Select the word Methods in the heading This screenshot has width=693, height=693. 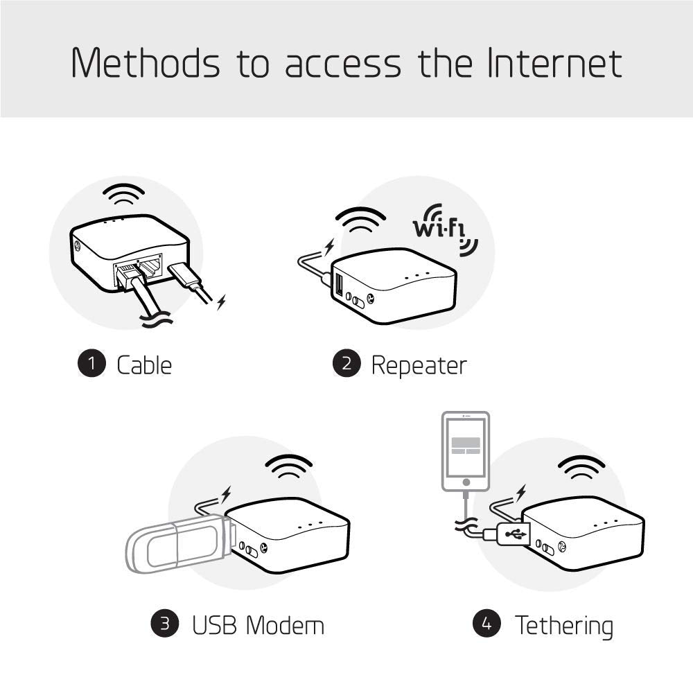[x=146, y=63]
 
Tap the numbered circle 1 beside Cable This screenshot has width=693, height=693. [x=91, y=365]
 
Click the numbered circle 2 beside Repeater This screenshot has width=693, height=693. [x=346, y=365]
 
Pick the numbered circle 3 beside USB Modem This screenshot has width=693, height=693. [x=165, y=624]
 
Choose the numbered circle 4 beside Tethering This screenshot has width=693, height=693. [x=487, y=624]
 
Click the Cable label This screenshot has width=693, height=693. [x=144, y=365]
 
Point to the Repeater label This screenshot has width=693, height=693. [x=419, y=365]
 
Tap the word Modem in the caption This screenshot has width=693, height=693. [x=286, y=625]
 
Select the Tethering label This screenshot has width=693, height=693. [x=563, y=625]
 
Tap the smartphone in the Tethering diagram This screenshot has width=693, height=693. [x=466, y=450]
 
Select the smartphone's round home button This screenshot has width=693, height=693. [x=466, y=480]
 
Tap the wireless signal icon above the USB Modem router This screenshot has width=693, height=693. [x=289, y=467]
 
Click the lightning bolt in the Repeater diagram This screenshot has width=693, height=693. [x=328, y=247]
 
